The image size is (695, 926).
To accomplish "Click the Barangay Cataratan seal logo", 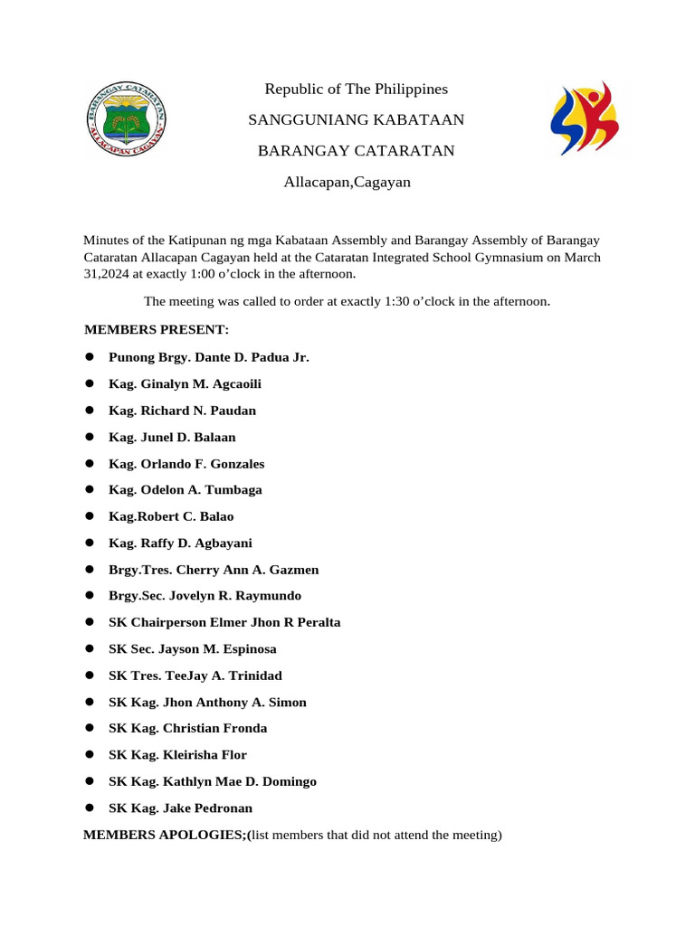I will pyautogui.click(x=127, y=118).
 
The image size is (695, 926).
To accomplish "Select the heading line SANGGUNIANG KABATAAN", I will pyautogui.click(x=356, y=120).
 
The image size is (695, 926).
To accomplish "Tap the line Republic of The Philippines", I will pyautogui.click(x=356, y=89).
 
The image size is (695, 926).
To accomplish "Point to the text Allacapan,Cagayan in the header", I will pyautogui.click(x=347, y=183).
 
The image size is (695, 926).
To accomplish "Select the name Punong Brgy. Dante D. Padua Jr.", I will pyautogui.click(x=208, y=357).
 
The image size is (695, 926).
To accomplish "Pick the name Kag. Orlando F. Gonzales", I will pyautogui.click(x=186, y=464).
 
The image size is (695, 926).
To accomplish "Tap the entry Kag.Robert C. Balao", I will pyautogui.click(x=171, y=516).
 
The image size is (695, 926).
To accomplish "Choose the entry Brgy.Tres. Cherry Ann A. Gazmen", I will pyautogui.click(x=214, y=570).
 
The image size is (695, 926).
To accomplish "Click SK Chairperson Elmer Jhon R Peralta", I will pyautogui.click(x=224, y=623).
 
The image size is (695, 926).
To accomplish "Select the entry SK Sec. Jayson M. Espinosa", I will pyautogui.click(x=192, y=649).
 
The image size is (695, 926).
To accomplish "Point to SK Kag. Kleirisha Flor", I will pyautogui.click(x=177, y=755).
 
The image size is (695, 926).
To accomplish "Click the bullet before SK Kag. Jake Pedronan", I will pyautogui.click(x=90, y=808).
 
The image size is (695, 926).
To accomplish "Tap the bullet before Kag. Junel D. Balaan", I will pyautogui.click(x=90, y=438).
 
